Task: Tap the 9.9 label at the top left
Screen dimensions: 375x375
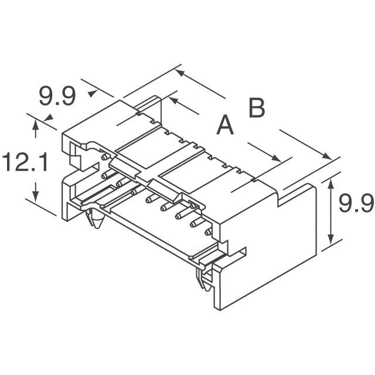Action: (57, 97)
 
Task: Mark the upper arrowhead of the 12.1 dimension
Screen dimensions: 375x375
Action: (36, 124)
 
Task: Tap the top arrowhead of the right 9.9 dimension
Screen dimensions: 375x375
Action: (332, 184)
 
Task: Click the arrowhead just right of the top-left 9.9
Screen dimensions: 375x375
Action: (92, 93)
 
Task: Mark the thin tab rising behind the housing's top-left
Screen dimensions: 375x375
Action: (149, 105)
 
